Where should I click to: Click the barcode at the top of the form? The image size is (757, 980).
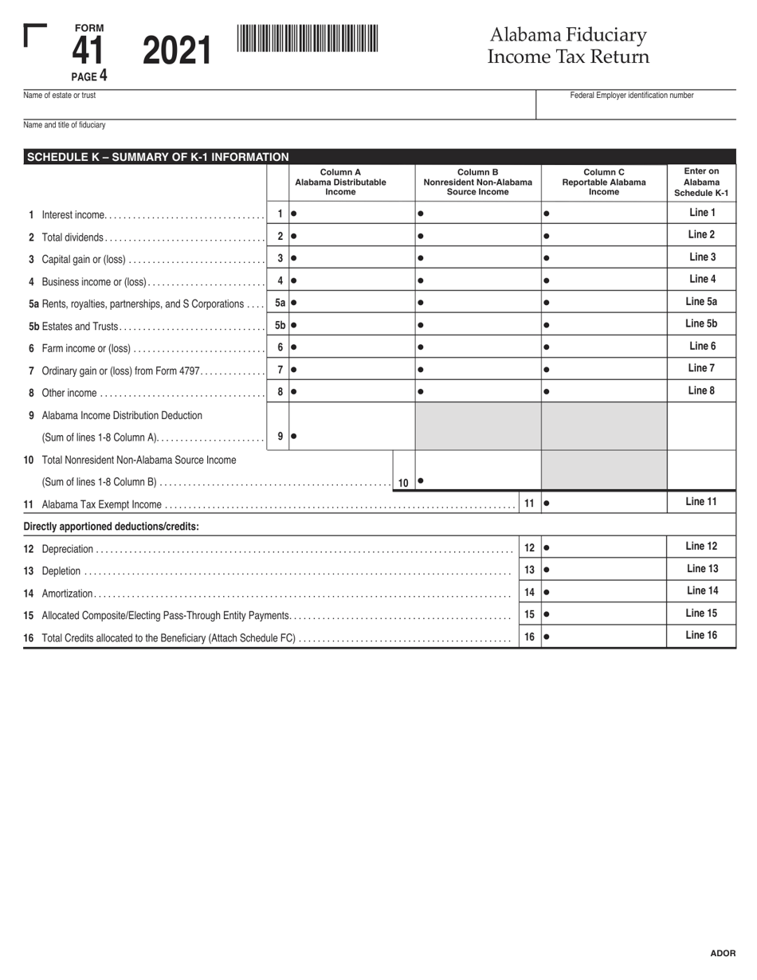[x=308, y=38]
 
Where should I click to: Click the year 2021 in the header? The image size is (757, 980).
[x=177, y=52]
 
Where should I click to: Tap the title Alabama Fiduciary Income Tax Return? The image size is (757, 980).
[x=568, y=45]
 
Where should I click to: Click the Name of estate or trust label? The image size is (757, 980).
[x=60, y=96]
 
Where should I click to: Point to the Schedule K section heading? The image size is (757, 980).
[x=158, y=157]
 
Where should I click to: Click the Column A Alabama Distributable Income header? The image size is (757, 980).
[x=340, y=182]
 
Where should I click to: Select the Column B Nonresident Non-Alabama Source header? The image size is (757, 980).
[x=477, y=182]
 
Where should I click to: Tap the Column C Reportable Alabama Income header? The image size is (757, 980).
[x=603, y=182]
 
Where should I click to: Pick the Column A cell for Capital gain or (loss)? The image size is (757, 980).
[x=351, y=258]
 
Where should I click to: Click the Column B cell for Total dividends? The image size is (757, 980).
[x=478, y=237]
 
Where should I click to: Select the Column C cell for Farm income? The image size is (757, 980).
[x=604, y=347]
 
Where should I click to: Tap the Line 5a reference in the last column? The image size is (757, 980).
[x=701, y=302]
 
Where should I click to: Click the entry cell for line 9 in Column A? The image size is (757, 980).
[x=351, y=436]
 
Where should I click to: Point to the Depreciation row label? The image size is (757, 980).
[x=68, y=549]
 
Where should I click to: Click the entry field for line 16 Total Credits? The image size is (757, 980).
[x=604, y=637]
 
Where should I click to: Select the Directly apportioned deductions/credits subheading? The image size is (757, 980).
[x=112, y=527]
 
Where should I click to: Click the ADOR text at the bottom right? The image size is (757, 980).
[x=723, y=953]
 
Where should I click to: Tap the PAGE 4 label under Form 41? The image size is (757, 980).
[x=88, y=76]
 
